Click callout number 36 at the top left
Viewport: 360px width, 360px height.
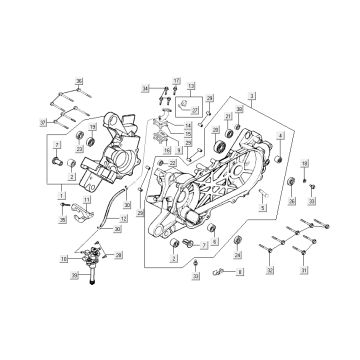point(81,79)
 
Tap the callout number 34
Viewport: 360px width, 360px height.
point(145,89)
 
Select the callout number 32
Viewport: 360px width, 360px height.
point(269,270)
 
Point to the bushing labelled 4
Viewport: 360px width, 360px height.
point(281,157)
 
